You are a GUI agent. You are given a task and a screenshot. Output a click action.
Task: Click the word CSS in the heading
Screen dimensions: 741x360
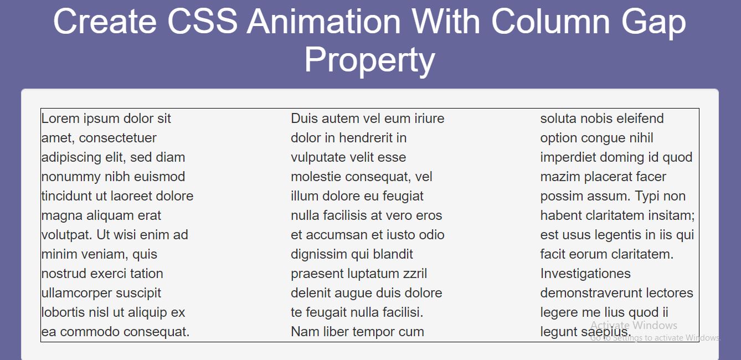coord(203,21)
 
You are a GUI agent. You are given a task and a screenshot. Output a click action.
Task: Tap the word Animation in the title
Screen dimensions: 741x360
coord(324,21)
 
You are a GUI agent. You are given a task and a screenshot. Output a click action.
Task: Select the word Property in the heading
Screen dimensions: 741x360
coord(369,60)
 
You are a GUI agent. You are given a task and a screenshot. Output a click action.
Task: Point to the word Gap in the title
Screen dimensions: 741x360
coord(653,23)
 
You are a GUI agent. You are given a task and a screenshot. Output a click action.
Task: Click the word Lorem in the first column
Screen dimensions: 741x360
coord(60,119)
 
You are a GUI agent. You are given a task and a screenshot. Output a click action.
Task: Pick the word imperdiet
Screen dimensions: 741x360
coord(568,158)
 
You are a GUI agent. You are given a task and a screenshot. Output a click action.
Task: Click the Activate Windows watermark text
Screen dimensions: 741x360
coord(634,325)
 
